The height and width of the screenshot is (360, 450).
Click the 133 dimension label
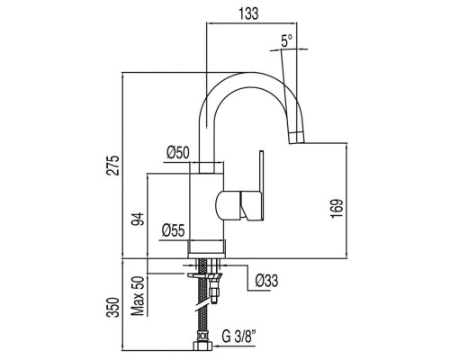click(x=248, y=13)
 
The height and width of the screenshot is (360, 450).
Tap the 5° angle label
click(x=287, y=40)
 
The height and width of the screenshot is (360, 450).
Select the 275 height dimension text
click(x=114, y=166)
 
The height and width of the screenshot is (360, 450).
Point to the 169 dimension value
click(x=337, y=209)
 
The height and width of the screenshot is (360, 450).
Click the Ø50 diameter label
click(x=178, y=153)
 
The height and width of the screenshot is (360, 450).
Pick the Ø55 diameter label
click(x=173, y=230)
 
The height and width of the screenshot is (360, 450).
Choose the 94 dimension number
click(x=139, y=219)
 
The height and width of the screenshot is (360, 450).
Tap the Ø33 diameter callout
click(x=266, y=281)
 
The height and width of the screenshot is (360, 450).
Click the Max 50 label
click(x=139, y=296)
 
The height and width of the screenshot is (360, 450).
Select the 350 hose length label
click(x=113, y=307)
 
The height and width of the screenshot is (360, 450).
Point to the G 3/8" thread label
click(x=239, y=336)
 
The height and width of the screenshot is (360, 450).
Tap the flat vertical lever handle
click(x=261, y=185)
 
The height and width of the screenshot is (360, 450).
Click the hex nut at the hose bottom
click(x=203, y=346)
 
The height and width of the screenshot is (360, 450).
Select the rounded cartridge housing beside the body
click(x=228, y=205)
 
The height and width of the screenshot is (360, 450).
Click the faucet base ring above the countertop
click(x=206, y=249)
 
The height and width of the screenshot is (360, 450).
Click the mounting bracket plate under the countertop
click(x=205, y=275)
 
